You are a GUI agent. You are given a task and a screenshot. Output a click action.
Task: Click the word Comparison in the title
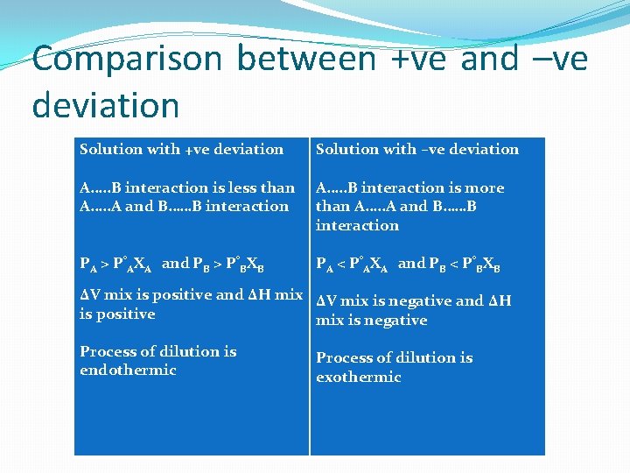pyautogui.click(x=127, y=60)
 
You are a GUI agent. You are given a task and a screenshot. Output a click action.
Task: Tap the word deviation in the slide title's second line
pyautogui.click(x=105, y=105)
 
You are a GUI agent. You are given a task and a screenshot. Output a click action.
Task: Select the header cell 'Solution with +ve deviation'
pyautogui.click(x=181, y=149)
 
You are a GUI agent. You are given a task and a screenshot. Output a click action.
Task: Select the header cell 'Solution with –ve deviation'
pyautogui.click(x=416, y=149)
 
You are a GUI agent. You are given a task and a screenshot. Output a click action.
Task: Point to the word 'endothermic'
pyautogui.click(x=128, y=370)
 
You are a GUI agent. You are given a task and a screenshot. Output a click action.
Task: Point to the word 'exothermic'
pyautogui.click(x=358, y=377)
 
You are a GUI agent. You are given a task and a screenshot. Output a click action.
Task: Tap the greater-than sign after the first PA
pyautogui.click(x=102, y=263)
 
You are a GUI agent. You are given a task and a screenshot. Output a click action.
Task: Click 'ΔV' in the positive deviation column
pyautogui.click(x=90, y=295)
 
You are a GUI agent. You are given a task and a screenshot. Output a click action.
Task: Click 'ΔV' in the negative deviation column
pyautogui.click(x=326, y=301)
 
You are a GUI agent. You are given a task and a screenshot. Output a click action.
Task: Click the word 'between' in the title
pyautogui.click(x=306, y=60)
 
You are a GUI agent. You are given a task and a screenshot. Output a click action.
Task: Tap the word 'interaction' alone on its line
pyautogui.click(x=357, y=225)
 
